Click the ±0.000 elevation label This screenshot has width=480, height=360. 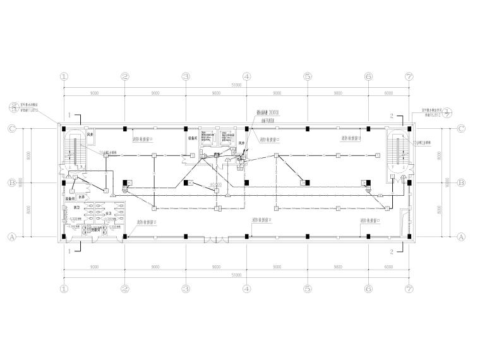[217, 185]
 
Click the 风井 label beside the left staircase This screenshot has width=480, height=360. [90, 134]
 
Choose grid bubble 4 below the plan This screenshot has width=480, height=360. [247, 289]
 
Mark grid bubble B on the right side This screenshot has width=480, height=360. [461, 183]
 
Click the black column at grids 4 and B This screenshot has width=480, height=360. [247, 183]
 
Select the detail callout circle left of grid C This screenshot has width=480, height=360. [12, 107]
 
